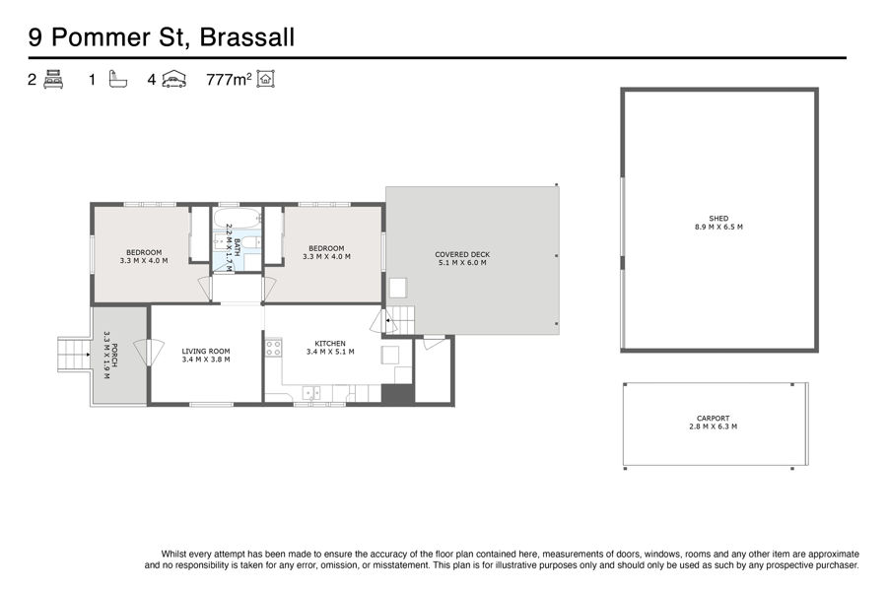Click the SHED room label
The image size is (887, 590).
tap(718, 218)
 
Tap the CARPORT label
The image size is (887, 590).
tap(713, 419)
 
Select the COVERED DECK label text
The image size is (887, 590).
tap(462, 255)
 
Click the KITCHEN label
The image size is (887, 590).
tap(330, 344)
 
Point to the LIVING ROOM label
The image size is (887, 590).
tap(206, 352)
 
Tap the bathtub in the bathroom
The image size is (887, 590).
tap(238, 218)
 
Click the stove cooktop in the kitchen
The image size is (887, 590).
tap(274, 348)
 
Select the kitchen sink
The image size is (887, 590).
tap(311, 393)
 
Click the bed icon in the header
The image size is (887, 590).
tap(53, 79)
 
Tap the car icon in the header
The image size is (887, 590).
tap(174, 79)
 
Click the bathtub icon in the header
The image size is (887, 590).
tap(117, 79)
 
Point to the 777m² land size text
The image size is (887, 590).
tap(229, 79)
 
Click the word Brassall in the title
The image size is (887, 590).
tap(247, 37)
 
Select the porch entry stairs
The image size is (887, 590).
tap(74, 355)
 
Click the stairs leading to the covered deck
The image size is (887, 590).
tap(400, 321)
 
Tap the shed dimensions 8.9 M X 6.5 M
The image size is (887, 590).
tap(718, 228)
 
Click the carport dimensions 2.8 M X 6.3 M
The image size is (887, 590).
tap(713, 426)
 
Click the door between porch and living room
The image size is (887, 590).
tap(149, 352)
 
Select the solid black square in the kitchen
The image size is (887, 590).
tap(398, 394)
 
